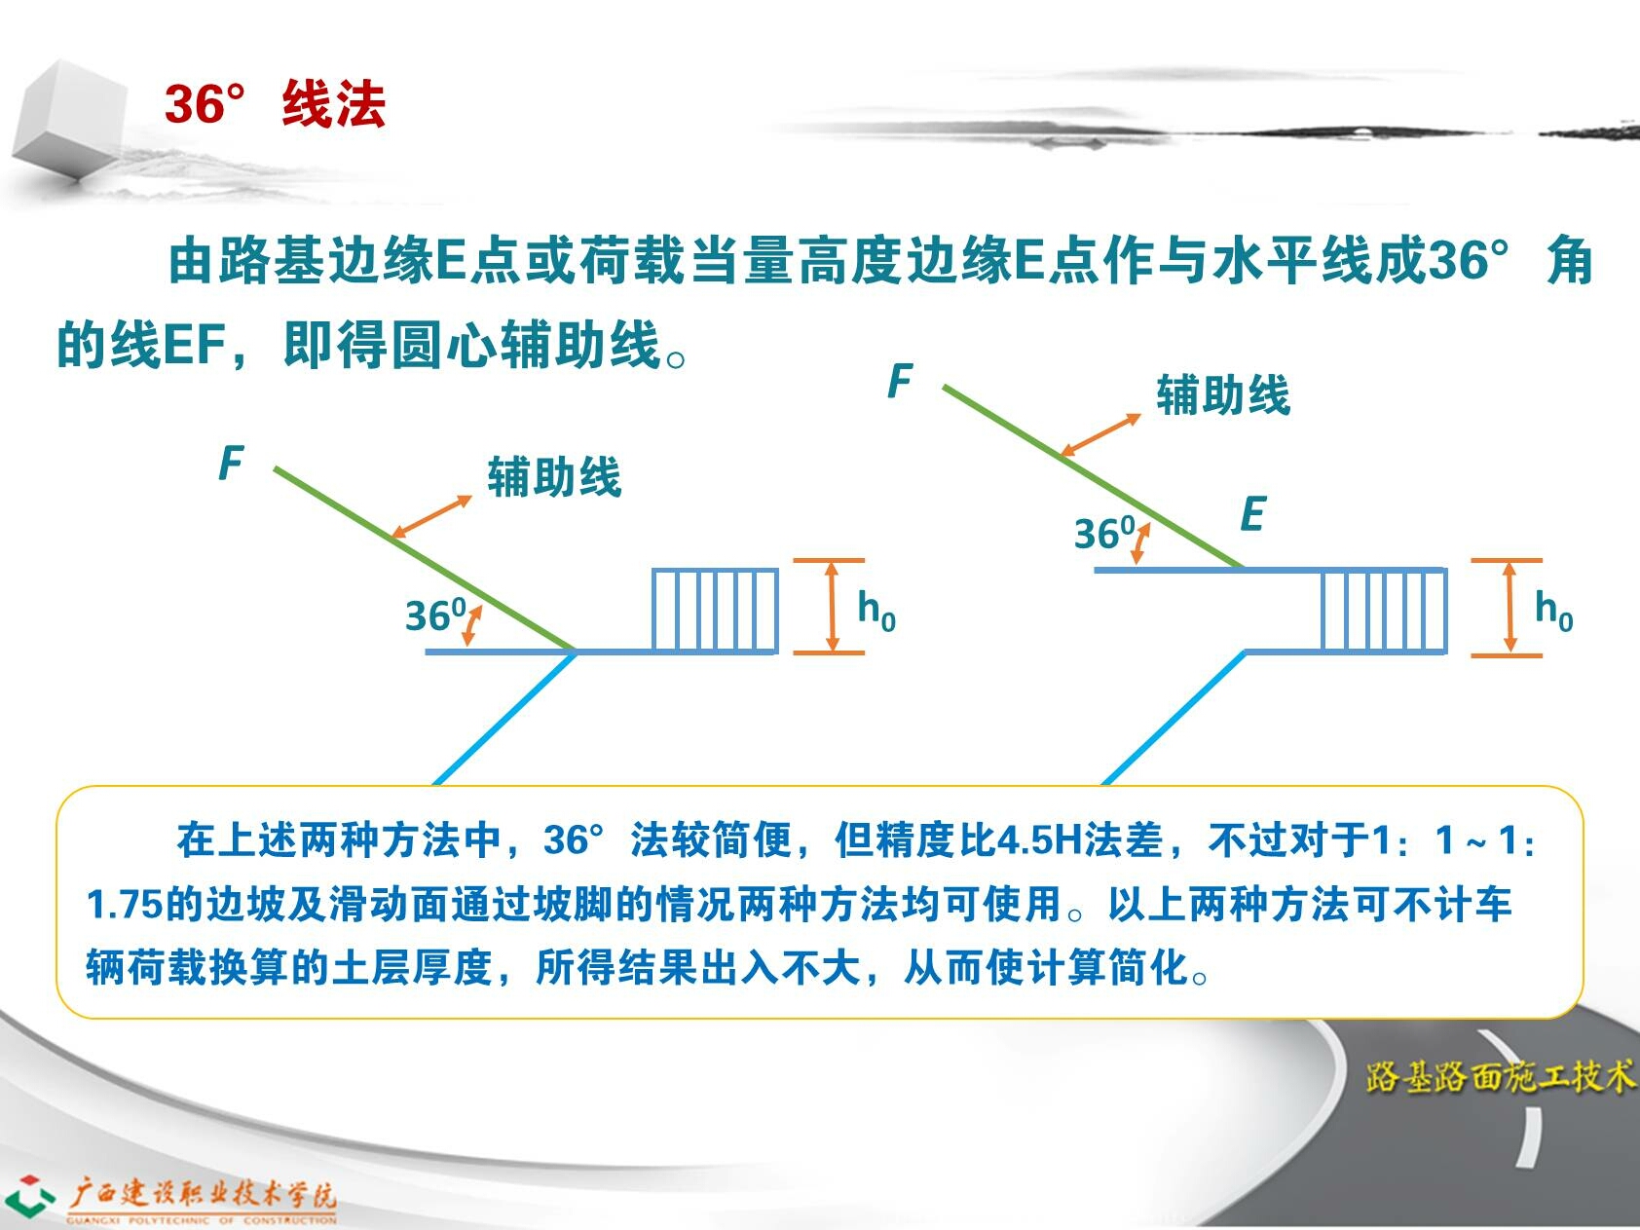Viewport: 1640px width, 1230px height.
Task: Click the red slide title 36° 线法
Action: coord(276,103)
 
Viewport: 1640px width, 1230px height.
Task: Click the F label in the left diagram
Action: coord(230,464)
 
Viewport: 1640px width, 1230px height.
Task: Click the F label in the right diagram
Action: coord(900,381)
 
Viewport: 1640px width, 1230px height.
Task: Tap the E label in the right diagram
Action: coord(1252,514)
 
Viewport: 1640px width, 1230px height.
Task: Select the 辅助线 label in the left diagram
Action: coord(554,476)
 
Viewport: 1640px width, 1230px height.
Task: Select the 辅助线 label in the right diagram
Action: coord(1223,394)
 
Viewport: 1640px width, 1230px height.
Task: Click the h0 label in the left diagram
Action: coord(876,610)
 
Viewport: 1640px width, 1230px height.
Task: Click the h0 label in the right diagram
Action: coord(1553,610)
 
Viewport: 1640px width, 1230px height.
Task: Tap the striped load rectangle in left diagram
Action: coord(715,611)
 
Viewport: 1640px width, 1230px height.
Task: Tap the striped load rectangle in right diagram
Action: coord(1384,611)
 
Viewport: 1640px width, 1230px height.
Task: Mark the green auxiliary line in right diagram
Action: coord(1093,476)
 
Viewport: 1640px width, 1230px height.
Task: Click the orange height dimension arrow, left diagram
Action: coord(831,606)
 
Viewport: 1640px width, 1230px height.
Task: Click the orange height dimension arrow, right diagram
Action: coord(1509,606)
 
